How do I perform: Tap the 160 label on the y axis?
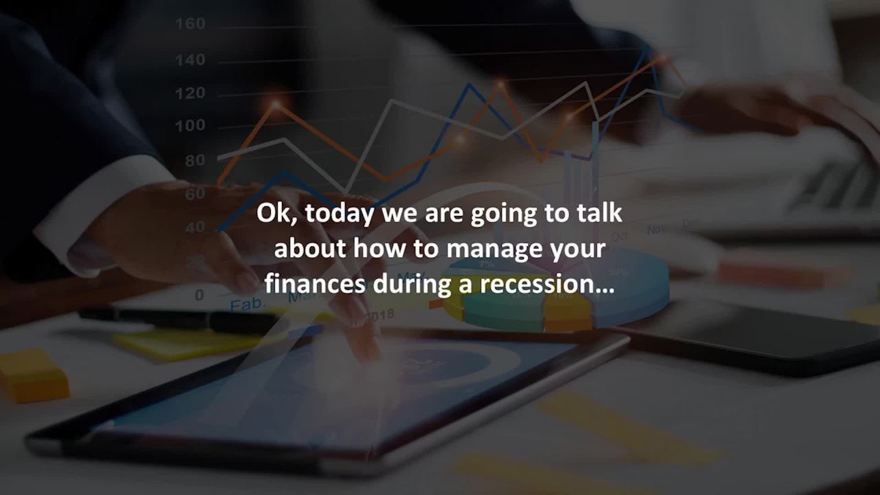190,24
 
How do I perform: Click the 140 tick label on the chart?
190,60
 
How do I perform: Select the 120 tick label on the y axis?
190,93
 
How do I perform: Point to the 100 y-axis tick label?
190,126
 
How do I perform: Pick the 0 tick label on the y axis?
199,295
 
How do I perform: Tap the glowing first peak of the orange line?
276,105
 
